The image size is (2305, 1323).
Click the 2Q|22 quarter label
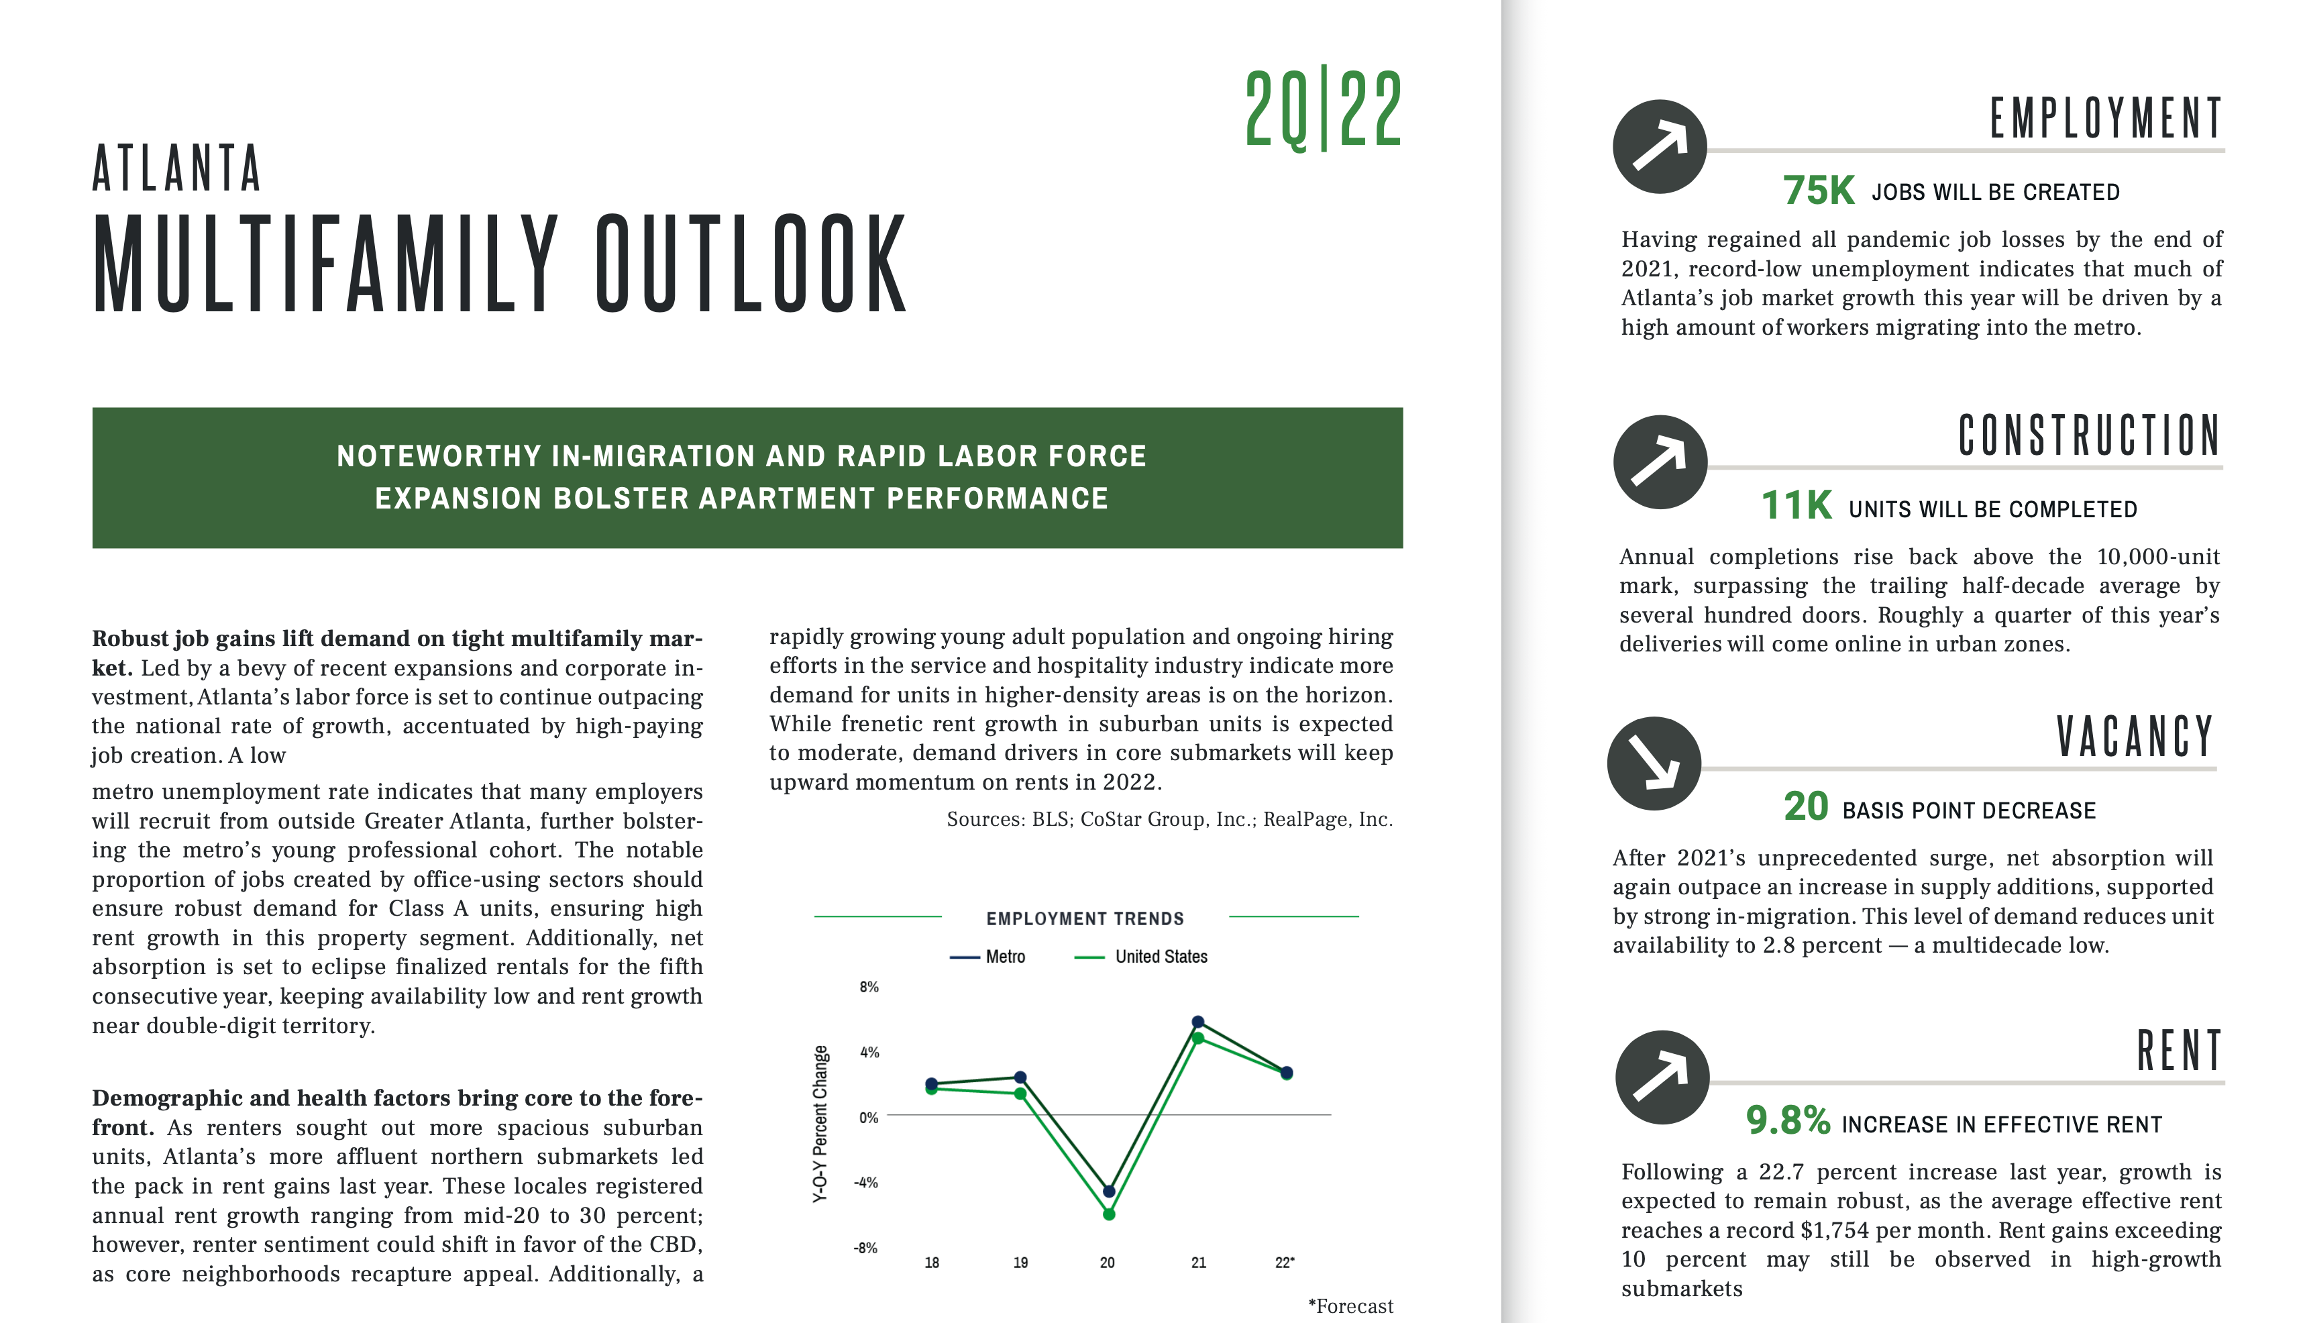(1323, 109)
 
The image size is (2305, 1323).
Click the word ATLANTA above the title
(177, 168)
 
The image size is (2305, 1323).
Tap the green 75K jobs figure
(1818, 191)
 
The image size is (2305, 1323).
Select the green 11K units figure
(1797, 506)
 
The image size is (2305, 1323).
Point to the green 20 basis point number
(1805, 807)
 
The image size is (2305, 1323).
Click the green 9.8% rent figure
(1787, 1120)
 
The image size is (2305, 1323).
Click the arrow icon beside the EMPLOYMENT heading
(1659, 146)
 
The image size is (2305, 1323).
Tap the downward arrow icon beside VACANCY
(1654, 763)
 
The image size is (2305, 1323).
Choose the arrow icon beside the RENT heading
(1662, 1077)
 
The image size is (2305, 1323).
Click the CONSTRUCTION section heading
(2089, 436)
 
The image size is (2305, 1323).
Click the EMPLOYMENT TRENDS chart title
(1085, 918)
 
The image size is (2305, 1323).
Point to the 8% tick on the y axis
(869, 987)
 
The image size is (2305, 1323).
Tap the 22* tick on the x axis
(1285, 1262)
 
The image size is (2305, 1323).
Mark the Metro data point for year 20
(1108, 1192)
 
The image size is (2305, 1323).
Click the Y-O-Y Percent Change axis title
(820, 1124)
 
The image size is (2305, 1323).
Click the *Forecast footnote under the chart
(1350, 1306)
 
